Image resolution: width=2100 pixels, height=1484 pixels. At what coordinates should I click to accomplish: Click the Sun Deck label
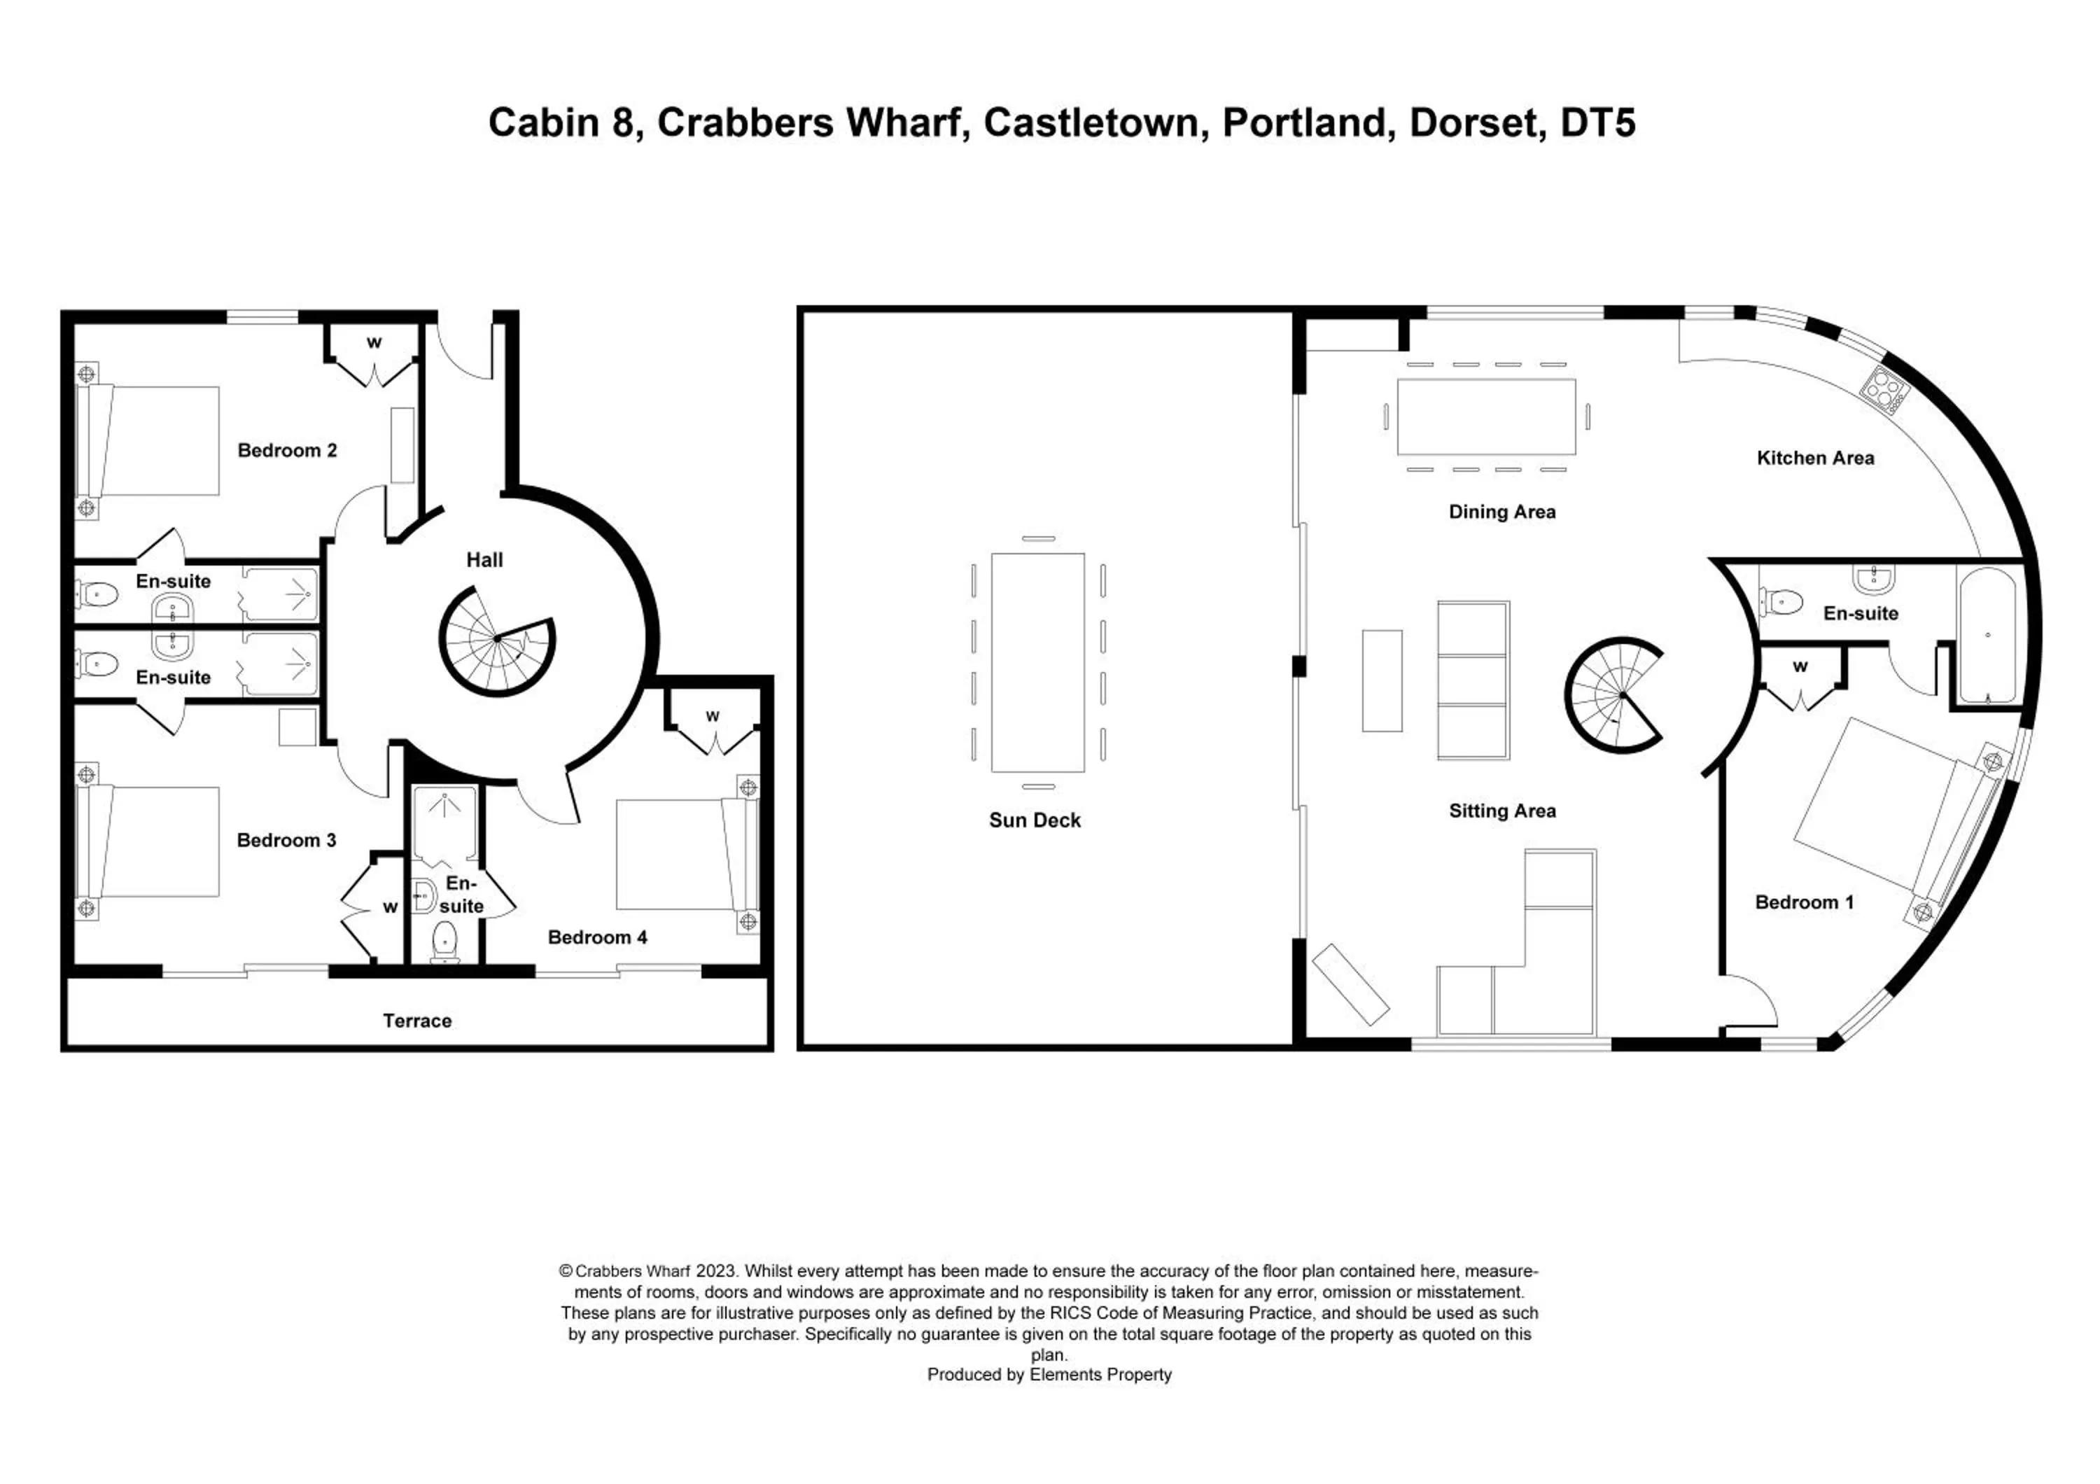pos(1035,820)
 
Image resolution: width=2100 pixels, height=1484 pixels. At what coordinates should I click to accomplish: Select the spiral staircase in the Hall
pos(496,641)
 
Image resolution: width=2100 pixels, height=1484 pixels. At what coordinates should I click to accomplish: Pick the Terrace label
pos(417,1021)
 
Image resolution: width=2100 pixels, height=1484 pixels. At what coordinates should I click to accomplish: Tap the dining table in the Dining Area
pos(1486,417)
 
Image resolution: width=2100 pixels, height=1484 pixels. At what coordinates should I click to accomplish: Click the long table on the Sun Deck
pos(1037,662)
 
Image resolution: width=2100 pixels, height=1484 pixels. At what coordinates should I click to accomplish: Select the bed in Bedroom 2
pos(151,441)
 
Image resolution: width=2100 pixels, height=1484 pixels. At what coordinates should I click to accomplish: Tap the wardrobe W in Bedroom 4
pos(713,717)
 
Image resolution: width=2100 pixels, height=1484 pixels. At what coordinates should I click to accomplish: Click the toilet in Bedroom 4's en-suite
pos(444,941)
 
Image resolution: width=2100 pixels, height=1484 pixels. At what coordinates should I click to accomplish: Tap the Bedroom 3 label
pos(286,840)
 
